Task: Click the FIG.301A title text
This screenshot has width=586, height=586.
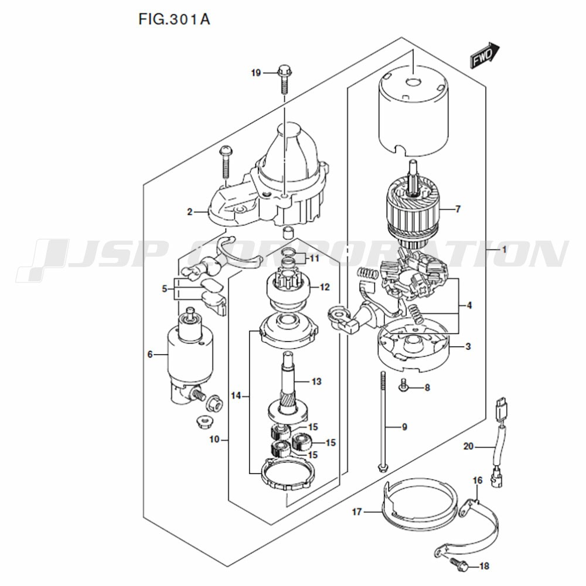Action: (174, 19)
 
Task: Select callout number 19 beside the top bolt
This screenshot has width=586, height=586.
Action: (256, 73)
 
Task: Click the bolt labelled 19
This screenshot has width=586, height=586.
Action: (284, 80)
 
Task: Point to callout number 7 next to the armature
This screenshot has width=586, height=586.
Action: (458, 209)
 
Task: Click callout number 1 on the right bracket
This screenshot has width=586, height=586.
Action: (504, 249)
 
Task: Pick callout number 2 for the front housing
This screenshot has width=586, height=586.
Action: (190, 212)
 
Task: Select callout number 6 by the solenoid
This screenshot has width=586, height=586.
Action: (150, 355)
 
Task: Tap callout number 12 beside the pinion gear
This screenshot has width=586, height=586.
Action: (325, 287)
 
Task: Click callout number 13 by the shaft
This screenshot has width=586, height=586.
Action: (316, 381)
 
